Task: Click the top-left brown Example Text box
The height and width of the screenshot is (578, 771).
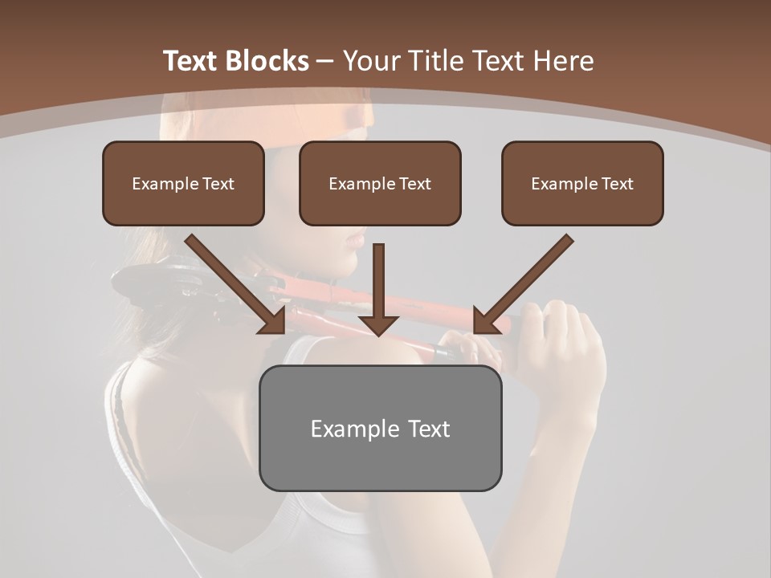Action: (x=183, y=184)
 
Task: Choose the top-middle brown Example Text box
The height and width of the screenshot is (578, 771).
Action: (x=380, y=184)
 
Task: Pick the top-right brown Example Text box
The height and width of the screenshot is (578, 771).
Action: (x=582, y=184)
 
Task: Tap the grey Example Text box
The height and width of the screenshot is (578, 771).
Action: (x=380, y=428)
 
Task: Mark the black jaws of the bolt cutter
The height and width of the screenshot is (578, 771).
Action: (x=153, y=285)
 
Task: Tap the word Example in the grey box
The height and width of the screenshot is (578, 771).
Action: (x=347, y=429)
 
